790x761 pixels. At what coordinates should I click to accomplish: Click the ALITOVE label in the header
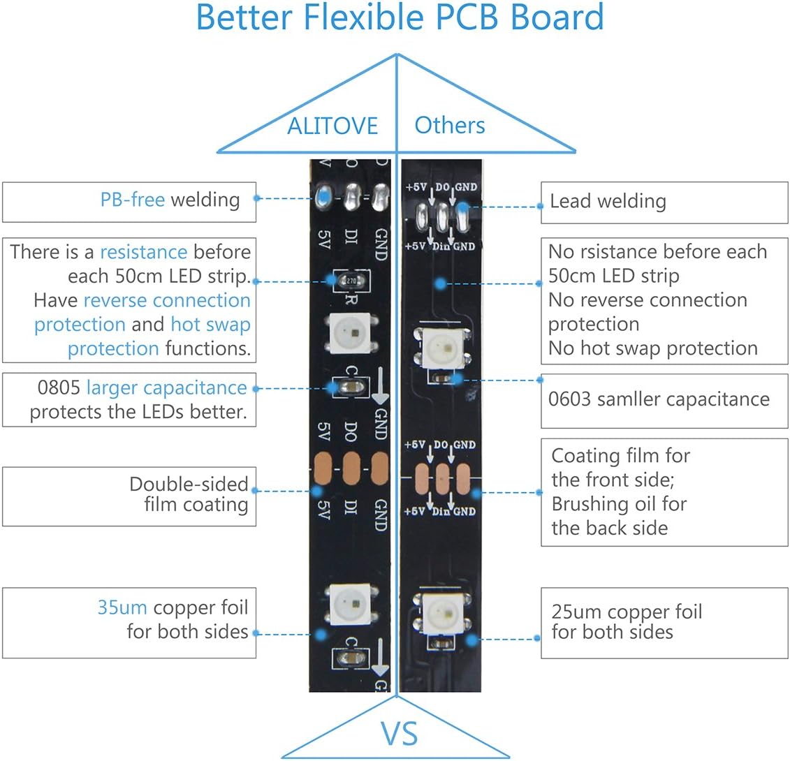(332, 126)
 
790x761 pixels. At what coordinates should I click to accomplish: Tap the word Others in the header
(449, 125)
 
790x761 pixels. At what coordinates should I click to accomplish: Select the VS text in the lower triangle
(400, 734)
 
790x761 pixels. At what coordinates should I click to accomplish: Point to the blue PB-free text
(133, 200)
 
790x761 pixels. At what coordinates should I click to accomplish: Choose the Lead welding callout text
(608, 201)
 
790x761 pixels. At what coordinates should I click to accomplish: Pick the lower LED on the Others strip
(442, 612)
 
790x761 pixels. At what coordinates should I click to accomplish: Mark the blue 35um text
(122, 607)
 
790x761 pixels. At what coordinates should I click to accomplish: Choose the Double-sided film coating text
(189, 494)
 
